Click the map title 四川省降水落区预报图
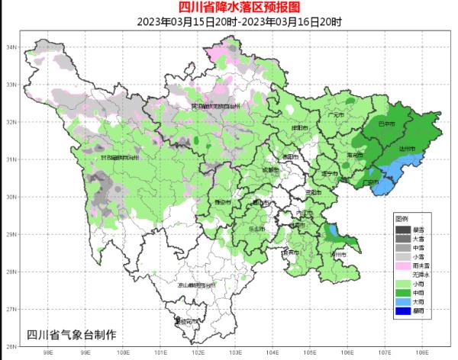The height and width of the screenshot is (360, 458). (x=229, y=8)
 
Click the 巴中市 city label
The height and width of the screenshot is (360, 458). (x=387, y=123)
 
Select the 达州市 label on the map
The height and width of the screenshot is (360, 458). (x=408, y=149)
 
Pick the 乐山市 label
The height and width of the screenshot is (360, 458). (x=256, y=228)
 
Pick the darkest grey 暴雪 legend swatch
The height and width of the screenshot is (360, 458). (x=402, y=229)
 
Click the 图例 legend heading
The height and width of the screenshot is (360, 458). (x=402, y=219)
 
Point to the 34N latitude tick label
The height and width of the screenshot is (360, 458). (x=11, y=47)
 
